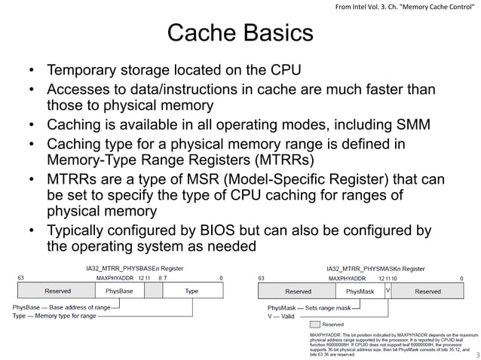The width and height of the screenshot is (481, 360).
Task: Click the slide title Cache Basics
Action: [x=240, y=34]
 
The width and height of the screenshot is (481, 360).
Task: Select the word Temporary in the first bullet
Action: [x=82, y=71]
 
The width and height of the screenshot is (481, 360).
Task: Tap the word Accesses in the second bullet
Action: [x=79, y=90]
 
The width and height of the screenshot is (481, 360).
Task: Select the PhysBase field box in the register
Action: [x=119, y=291]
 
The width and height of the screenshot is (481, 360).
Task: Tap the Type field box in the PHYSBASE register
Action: [x=191, y=291]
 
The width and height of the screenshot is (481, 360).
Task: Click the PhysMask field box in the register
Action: [x=360, y=291]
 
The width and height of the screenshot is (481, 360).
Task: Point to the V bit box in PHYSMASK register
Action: [x=388, y=288]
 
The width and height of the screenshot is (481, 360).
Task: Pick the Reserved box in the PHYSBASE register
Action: [x=58, y=291]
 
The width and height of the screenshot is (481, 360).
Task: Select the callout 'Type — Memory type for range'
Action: [x=54, y=316]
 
